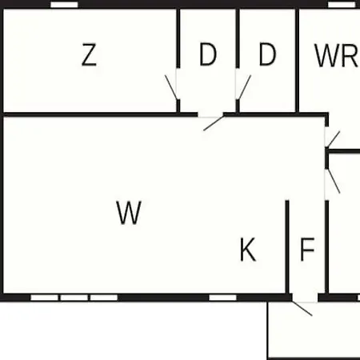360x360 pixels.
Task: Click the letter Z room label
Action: [89, 54]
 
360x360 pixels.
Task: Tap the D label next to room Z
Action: [208, 54]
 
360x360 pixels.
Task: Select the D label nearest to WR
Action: [267, 54]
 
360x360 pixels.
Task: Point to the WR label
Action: [337, 55]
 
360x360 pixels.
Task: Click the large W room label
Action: [129, 213]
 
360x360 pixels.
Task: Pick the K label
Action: [248, 250]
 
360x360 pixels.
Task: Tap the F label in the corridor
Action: [307, 250]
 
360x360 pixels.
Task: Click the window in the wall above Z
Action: [64, 5]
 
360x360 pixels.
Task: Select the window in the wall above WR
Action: [342, 5]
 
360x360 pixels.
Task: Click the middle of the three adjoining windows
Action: [74, 298]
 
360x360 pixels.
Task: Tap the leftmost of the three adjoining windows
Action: [44, 298]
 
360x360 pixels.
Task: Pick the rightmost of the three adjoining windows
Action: [104, 298]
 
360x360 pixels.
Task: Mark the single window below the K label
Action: [222, 298]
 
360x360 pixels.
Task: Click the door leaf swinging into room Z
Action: [171, 87]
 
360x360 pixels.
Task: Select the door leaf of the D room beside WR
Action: [244, 87]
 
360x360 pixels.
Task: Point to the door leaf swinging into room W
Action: [214, 123]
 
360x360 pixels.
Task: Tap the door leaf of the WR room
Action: [333, 139]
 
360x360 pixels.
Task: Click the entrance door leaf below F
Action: [302, 309]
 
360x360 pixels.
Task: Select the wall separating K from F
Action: [287, 247]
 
